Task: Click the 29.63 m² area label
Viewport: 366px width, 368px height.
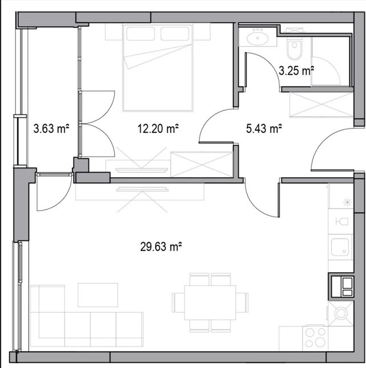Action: [161, 247]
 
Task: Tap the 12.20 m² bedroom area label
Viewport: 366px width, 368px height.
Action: [158, 129]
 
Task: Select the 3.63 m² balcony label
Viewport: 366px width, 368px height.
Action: [51, 129]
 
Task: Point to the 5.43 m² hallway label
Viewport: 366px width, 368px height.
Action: [264, 128]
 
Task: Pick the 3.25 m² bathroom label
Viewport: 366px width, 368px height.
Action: [296, 71]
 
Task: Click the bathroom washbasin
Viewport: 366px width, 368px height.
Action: [258, 37]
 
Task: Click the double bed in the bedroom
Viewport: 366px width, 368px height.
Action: [157, 68]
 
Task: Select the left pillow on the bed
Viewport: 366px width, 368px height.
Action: [140, 34]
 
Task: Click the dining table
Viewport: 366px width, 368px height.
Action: [210, 302]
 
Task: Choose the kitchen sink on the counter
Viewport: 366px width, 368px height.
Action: [340, 247]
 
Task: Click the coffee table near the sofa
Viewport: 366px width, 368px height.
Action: [97, 295]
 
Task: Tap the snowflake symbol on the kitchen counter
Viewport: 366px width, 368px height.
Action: [347, 202]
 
